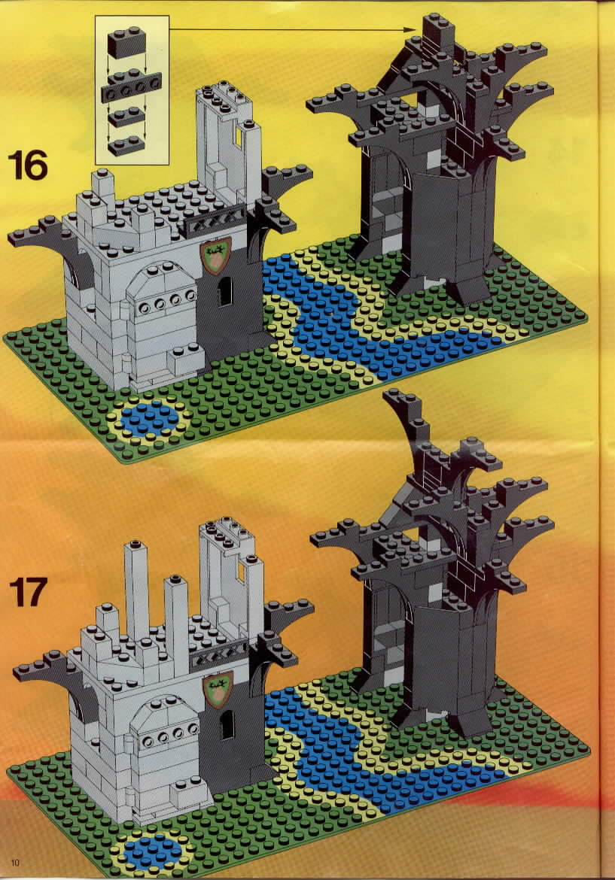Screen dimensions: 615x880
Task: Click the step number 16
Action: pyautogui.click(x=28, y=165)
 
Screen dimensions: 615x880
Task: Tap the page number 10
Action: pyautogui.click(x=14, y=862)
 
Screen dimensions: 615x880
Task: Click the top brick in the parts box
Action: pyautogui.click(x=127, y=42)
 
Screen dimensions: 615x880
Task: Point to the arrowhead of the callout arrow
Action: pyautogui.click(x=412, y=30)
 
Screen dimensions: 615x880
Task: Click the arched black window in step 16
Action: pyautogui.click(x=224, y=291)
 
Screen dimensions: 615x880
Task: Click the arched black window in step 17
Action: pyautogui.click(x=227, y=724)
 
